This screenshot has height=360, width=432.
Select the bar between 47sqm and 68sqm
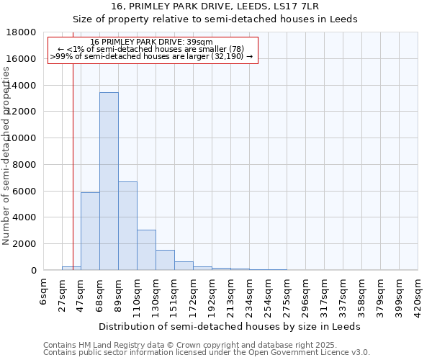coord(90,231)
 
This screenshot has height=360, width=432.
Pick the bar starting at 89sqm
coord(127,225)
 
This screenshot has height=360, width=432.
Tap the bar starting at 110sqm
coord(146,250)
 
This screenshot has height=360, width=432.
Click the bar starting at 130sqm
coord(165,260)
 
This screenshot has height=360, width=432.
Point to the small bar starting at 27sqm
coord(71,268)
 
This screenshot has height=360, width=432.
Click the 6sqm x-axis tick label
coord(44,292)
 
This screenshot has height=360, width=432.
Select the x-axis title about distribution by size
coord(230,326)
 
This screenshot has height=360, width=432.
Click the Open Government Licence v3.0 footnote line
coord(207,353)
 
